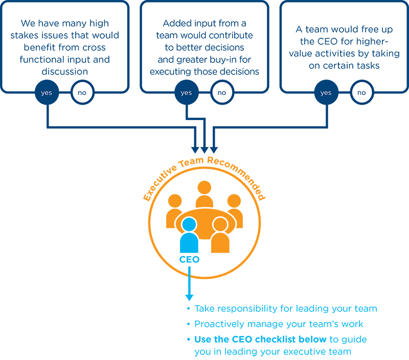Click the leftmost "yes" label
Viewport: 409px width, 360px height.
(47, 93)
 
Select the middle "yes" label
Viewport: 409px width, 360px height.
(186, 93)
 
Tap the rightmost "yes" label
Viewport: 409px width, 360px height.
(326, 93)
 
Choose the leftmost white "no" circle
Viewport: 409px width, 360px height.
(82, 92)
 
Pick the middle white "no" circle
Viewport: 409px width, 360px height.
(222, 92)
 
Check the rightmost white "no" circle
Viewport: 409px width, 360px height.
(361, 92)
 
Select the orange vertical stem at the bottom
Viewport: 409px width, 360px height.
(118, 317)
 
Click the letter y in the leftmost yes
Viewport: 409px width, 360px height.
(42, 93)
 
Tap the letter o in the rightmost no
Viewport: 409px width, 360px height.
(364, 93)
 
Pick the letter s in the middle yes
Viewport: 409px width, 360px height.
(190, 93)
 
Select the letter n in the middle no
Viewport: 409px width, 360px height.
(219, 93)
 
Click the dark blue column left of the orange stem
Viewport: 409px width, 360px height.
(49, 266)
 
